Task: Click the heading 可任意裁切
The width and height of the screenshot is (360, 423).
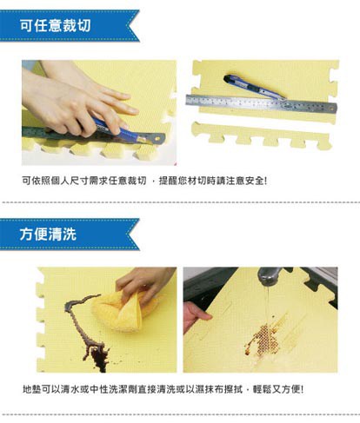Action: point(55,26)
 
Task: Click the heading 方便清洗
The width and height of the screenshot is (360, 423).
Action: point(48,234)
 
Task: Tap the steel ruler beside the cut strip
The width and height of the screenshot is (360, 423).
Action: point(261,103)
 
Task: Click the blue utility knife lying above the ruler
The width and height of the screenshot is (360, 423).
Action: point(254,86)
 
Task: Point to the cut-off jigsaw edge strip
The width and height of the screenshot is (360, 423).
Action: point(261,135)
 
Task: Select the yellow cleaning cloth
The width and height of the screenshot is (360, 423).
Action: point(124,311)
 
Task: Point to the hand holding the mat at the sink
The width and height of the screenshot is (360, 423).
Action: point(195,316)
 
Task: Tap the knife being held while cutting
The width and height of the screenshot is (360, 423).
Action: point(129,134)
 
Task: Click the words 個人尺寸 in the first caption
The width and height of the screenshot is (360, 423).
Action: point(70,181)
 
